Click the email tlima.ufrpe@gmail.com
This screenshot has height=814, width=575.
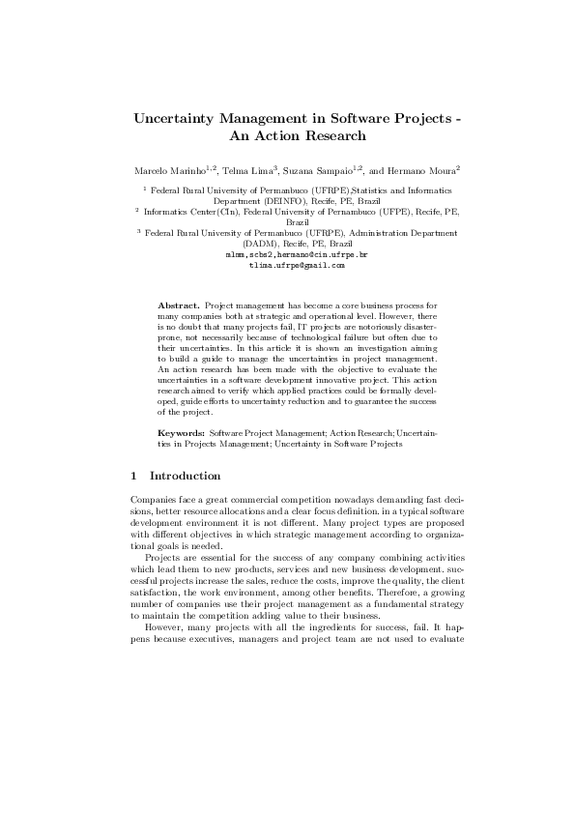click(x=288, y=263)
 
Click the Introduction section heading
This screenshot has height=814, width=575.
click(x=186, y=476)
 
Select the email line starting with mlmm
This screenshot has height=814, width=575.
click(x=287, y=253)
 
